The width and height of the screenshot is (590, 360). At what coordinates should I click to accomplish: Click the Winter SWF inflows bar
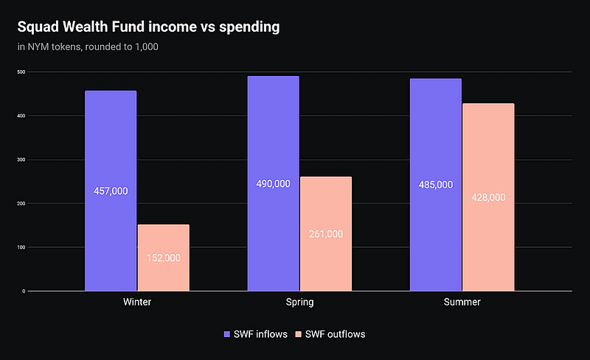(111, 148)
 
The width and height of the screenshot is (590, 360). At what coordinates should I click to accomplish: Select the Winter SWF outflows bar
(163, 236)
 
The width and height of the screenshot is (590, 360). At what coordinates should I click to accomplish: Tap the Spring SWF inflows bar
(273, 133)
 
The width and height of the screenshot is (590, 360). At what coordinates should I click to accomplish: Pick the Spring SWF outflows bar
(325, 207)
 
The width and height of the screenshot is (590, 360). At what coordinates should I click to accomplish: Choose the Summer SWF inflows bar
(435, 133)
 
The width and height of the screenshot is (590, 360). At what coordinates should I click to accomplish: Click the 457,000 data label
(111, 191)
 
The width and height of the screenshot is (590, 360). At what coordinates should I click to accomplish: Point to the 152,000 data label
(163, 258)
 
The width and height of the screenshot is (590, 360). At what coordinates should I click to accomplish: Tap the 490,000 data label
(273, 184)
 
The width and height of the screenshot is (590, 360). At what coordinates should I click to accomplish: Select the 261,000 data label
(325, 234)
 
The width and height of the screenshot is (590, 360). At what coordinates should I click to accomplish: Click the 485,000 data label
(435, 185)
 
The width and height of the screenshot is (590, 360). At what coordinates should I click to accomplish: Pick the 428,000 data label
(487, 198)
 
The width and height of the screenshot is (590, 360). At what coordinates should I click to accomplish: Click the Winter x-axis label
(136, 303)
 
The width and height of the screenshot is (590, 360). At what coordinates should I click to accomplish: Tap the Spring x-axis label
(299, 303)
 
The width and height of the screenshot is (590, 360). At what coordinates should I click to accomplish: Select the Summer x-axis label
(462, 303)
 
